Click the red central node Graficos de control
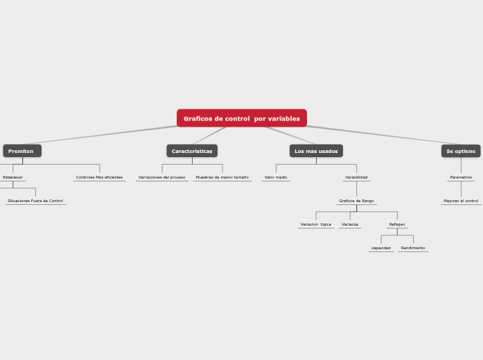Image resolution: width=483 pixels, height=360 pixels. (x=241, y=118)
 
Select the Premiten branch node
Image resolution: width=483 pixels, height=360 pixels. (x=21, y=151)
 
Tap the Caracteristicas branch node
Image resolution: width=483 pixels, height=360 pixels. (x=192, y=151)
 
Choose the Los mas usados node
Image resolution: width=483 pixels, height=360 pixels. (x=316, y=151)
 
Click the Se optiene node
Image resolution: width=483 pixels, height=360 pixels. (x=461, y=151)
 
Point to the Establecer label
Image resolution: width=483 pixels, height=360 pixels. (x=12, y=177)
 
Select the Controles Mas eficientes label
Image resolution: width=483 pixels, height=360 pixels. (x=99, y=177)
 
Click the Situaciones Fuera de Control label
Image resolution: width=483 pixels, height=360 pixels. (x=35, y=201)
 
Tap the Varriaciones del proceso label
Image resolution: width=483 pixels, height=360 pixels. (x=161, y=177)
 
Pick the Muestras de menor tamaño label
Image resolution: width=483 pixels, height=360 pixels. (x=222, y=177)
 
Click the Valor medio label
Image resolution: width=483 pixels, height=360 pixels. (x=276, y=177)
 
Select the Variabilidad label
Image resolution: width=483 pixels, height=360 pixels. (x=356, y=177)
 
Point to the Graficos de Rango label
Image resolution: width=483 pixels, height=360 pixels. (x=356, y=201)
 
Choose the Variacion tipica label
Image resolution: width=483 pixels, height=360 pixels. (x=315, y=224)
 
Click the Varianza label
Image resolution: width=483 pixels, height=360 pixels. (x=350, y=224)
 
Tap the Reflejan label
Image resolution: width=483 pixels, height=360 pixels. (x=397, y=224)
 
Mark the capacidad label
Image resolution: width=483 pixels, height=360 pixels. (x=381, y=248)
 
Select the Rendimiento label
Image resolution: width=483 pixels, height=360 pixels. (x=413, y=248)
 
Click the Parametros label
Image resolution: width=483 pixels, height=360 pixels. (x=461, y=177)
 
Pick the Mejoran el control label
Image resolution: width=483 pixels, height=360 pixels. (x=461, y=201)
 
